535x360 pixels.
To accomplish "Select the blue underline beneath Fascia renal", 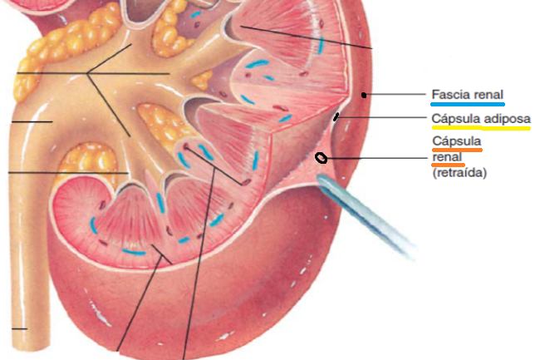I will (x=468, y=106).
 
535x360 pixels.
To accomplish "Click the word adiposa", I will (x=504, y=119).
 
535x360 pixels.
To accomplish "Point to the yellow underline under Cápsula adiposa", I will (x=480, y=131).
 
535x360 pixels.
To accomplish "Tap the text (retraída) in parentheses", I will (x=459, y=173).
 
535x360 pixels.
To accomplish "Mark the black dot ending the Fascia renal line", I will (x=366, y=95).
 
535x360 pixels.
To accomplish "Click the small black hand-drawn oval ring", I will (x=321, y=158).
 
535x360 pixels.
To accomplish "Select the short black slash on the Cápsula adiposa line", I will (x=336, y=117).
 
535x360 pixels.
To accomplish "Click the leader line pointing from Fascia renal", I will (x=399, y=95).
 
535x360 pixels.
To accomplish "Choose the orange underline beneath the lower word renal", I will (x=445, y=165).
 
